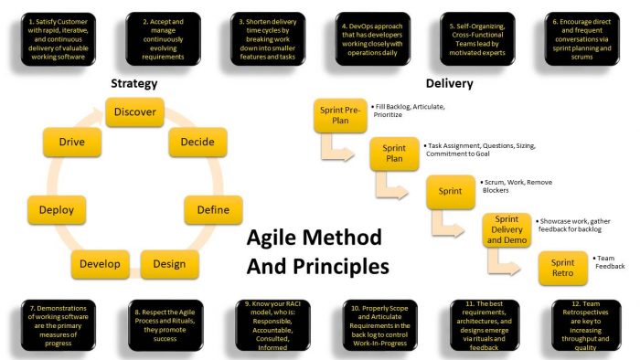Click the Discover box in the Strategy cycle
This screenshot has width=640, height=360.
(134, 113)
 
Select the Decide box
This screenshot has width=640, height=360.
(192, 143)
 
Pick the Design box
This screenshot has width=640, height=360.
(169, 264)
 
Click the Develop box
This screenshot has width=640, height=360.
(100, 264)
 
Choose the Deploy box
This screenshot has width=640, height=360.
(57, 210)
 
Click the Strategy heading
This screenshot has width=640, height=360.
(134, 84)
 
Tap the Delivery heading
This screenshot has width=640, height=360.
(449, 84)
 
